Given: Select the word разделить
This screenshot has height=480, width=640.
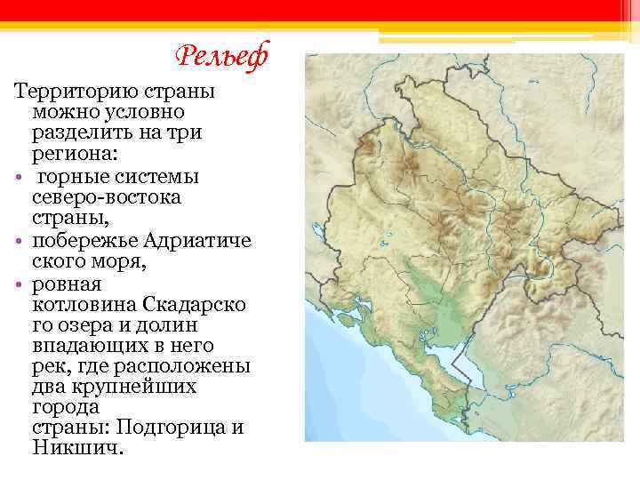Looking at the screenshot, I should pos(83,133).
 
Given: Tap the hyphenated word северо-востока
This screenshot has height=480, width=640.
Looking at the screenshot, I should pos(106,196).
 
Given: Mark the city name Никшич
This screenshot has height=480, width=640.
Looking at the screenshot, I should pos(75,448).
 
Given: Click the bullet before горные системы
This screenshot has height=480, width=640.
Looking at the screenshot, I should pos(19,176).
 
